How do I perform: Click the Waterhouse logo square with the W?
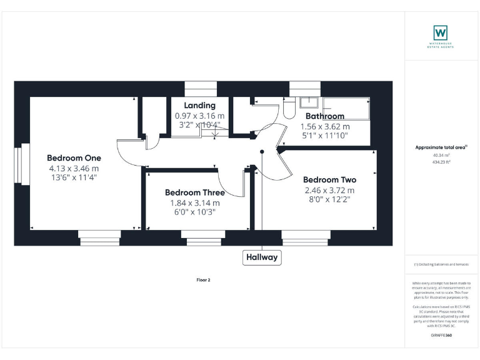click(x=441, y=32)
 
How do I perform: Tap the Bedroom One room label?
click(x=74, y=157)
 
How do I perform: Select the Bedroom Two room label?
click(x=329, y=179)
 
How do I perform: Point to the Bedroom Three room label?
click(x=195, y=192)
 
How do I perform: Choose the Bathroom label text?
click(x=324, y=116)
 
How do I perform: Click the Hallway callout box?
click(x=262, y=257)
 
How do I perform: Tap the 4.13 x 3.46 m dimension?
click(x=74, y=168)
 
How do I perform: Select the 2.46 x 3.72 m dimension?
click(x=329, y=190)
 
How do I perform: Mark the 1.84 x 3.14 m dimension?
click(x=195, y=203)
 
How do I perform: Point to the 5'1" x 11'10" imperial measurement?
click(x=324, y=135)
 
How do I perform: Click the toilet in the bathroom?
click(x=289, y=110)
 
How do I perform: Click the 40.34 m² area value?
click(x=441, y=156)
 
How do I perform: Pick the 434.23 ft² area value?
click(x=441, y=162)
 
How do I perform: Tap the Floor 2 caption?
click(x=204, y=280)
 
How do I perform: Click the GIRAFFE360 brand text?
click(x=441, y=336)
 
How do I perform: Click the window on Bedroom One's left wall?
click(x=26, y=164)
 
